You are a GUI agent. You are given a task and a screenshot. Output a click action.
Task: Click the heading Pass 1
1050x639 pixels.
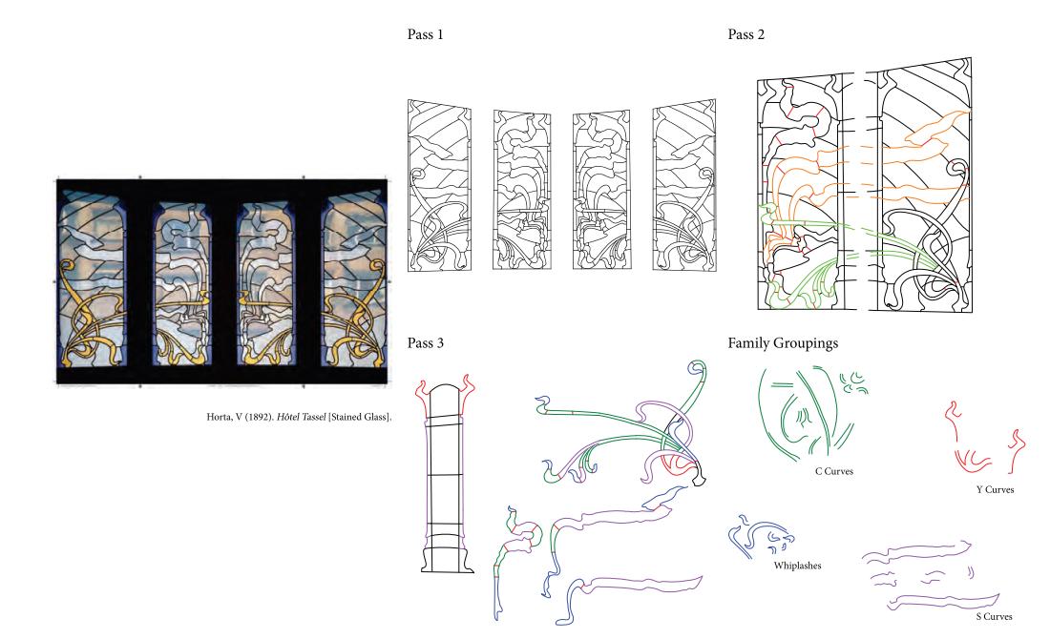tap(425, 34)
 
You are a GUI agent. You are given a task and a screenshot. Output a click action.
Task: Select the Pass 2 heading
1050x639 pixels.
tap(746, 34)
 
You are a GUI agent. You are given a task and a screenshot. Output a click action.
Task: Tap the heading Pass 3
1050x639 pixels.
tap(425, 343)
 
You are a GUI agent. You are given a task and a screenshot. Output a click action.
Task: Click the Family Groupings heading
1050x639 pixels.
tap(783, 344)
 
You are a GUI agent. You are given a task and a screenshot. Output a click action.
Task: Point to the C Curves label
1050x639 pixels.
tap(833, 471)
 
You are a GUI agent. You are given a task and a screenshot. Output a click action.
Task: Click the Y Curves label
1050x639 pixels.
tap(995, 490)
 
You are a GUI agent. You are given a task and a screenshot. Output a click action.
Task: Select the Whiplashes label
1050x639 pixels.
tap(797, 566)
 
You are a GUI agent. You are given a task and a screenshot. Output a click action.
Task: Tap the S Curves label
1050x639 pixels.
tap(994, 616)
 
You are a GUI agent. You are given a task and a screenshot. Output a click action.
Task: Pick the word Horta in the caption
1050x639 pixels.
tap(219, 417)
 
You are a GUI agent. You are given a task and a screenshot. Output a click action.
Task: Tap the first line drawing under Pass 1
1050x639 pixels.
tap(439, 185)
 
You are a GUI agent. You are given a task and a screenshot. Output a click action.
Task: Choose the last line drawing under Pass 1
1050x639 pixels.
tap(684, 185)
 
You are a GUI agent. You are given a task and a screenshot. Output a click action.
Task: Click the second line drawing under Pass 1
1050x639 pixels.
tap(522, 190)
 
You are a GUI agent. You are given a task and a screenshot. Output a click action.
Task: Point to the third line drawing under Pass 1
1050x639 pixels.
tap(602, 190)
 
